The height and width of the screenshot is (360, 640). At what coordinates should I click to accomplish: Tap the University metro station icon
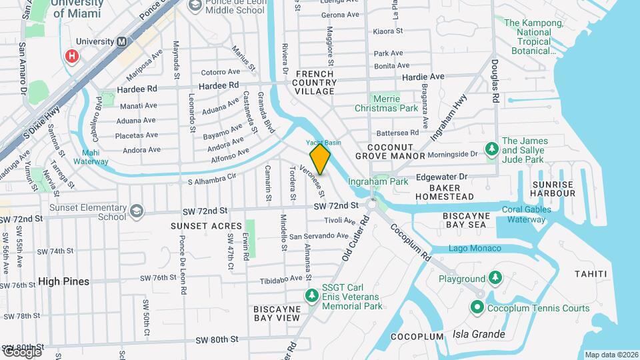coord(122,41)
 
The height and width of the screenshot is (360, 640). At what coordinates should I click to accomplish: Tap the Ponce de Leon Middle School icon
coord(196,6)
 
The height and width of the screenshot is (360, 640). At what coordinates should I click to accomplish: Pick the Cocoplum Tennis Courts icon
coord(477,307)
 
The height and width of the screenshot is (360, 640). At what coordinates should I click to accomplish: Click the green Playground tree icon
coord(495,277)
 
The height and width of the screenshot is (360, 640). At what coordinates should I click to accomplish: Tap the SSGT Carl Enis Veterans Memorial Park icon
coord(311,295)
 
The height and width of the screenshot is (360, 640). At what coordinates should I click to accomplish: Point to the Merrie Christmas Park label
coord(386,103)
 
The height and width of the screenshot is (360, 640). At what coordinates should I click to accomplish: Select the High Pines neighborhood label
coord(63,281)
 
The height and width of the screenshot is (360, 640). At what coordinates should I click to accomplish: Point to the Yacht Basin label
coord(323,143)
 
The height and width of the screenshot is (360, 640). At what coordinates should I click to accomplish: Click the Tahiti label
coord(591,274)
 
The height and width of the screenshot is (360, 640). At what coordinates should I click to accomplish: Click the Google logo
coord(22,351)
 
